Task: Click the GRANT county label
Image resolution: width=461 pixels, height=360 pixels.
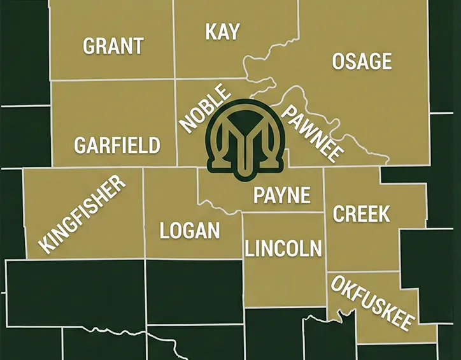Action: pos(113,46)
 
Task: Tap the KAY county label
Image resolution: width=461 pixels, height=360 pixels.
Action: pos(222,32)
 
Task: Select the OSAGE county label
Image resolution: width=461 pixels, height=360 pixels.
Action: pos(362,61)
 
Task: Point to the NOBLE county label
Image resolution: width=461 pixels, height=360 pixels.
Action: pos(205,109)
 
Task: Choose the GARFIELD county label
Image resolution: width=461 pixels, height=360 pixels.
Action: pos(117,145)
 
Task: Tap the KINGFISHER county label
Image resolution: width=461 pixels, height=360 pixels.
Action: pos(83,214)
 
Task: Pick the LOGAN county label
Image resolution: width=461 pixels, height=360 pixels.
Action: pos(190,231)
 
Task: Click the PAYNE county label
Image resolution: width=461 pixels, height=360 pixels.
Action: pos(281,195)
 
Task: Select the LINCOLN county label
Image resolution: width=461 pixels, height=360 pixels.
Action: pos(283,248)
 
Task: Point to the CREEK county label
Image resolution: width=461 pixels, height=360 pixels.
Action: pos(362,214)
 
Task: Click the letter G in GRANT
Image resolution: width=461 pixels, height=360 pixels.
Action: pos(90,46)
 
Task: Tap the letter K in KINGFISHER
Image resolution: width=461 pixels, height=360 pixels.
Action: pos(45,245)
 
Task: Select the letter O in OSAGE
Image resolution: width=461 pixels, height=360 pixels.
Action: pos(339,61)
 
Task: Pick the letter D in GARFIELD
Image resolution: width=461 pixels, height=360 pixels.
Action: pos(153,145)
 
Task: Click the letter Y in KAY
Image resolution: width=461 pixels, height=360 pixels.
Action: pos(233,32)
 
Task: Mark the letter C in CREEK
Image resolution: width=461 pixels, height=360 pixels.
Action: pos(340,214)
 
